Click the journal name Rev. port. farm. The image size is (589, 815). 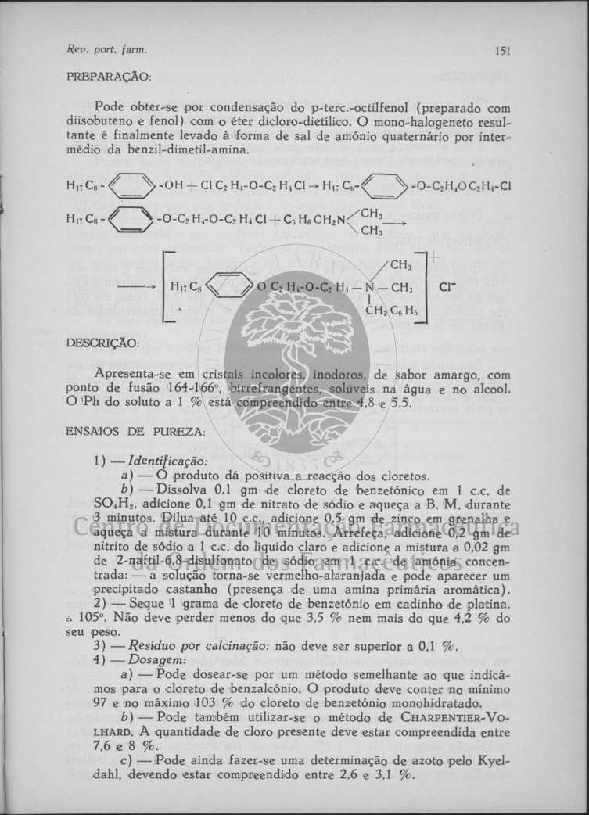[107, 51]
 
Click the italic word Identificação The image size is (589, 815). [157, 461]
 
